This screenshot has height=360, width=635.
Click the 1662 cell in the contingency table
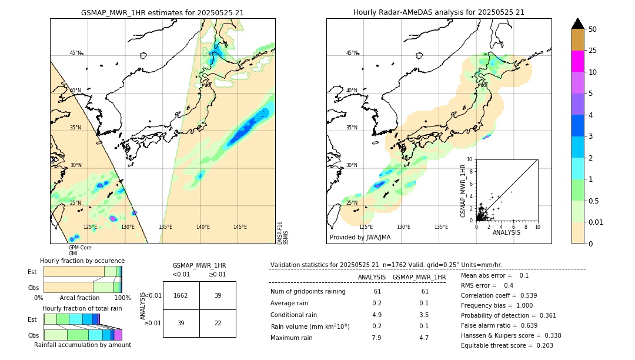pyautogui.click(x=181, y=295)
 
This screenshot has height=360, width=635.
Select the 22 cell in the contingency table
pyautogui.click(x=218, y=323)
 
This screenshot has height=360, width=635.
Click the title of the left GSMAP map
pyautogui.click(x=162, y=12)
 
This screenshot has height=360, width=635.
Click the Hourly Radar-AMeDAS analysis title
pyautogui.click(x=439, y=12)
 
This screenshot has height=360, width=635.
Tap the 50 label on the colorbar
pyautogui.click(x=593, y=29)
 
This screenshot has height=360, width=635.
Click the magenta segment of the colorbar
pyautogui.click(x=577, y=61)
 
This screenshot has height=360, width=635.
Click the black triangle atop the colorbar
pyautogui.click(x=577, y=24)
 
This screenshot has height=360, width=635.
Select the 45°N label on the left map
pyautogui.click(x=76, y=53)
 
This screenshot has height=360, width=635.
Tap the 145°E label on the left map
pyautogui.click(x=240, y=226)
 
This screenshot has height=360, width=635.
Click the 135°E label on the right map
pyautogui.click(x=441, y=226)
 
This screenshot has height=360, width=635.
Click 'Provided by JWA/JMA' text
pyautogui.click(x=360, y=238)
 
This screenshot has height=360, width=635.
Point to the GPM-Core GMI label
pyautogui.click(x=79, y=251)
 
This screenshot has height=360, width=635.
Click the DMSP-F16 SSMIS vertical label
pyautogui.click(x=283, y=232)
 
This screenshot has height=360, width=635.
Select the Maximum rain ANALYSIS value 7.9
pyautogui.click(x=377, y=338)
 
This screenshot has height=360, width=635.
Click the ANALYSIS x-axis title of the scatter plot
pyautogui.click(x=506, y=232)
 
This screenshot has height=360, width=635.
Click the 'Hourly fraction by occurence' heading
pyautogui.click(x=82, y=261)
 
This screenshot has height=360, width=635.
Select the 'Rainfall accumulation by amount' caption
pyautogui.click(x=82, y=345)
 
